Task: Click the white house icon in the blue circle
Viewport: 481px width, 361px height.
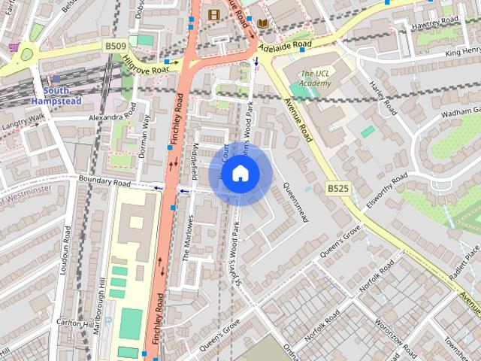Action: (240, 174)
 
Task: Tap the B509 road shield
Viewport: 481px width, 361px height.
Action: (115, 47)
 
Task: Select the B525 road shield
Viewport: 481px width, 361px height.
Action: (337, 187)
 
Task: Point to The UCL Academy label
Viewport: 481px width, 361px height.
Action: (315, 77)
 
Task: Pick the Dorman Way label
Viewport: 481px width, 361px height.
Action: (145, 139)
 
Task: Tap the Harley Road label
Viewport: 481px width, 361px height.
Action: (383, 99)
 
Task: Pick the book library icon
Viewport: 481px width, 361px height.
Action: (262, 23)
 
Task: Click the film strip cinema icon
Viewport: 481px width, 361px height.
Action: (214, 14)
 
